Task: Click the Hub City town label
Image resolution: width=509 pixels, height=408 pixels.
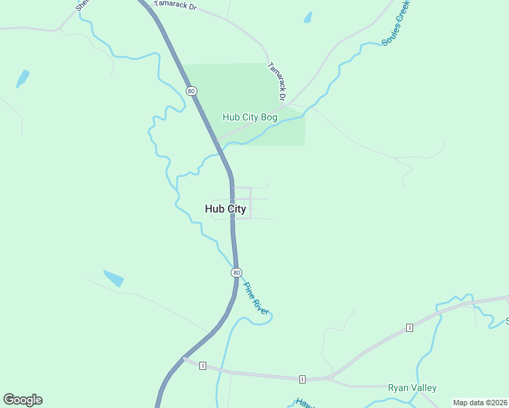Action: (x=225, y=209)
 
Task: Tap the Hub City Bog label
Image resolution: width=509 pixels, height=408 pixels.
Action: (x=250, y=117)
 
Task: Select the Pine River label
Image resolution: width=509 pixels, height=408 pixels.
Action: (x=257, y=299)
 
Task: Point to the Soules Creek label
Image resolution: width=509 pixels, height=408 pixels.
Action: (x=396, y=23)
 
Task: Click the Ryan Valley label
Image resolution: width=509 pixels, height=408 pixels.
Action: (x=412, y=388)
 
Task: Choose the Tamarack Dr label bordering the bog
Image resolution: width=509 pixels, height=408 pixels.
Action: (x=278, y=78)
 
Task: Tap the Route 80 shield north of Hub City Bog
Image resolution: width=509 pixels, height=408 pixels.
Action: (x=191, y=91)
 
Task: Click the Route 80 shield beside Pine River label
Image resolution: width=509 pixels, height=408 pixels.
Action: (x=236, y=273)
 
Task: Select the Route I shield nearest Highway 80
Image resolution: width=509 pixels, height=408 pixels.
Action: (x=203, y=366)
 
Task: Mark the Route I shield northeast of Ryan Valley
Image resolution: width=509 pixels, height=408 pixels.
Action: (x=410, y=328)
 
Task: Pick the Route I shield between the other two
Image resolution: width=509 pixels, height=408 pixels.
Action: (x=302, y=379)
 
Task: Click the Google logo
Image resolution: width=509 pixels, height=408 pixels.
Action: (x=22, y=400)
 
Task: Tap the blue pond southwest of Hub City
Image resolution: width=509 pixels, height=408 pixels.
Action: (x=114, y=277)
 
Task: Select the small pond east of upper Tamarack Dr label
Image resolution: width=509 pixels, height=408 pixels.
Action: (x=308, y=17)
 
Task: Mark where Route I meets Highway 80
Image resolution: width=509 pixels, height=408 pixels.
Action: (x=184, y=358)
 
